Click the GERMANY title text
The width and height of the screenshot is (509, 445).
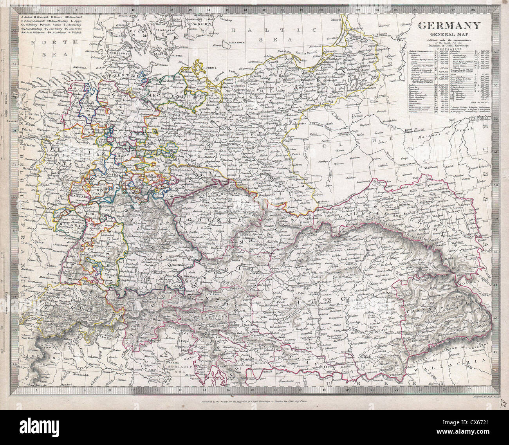pos(449,26)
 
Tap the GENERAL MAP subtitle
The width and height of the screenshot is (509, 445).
pos(449,34)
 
